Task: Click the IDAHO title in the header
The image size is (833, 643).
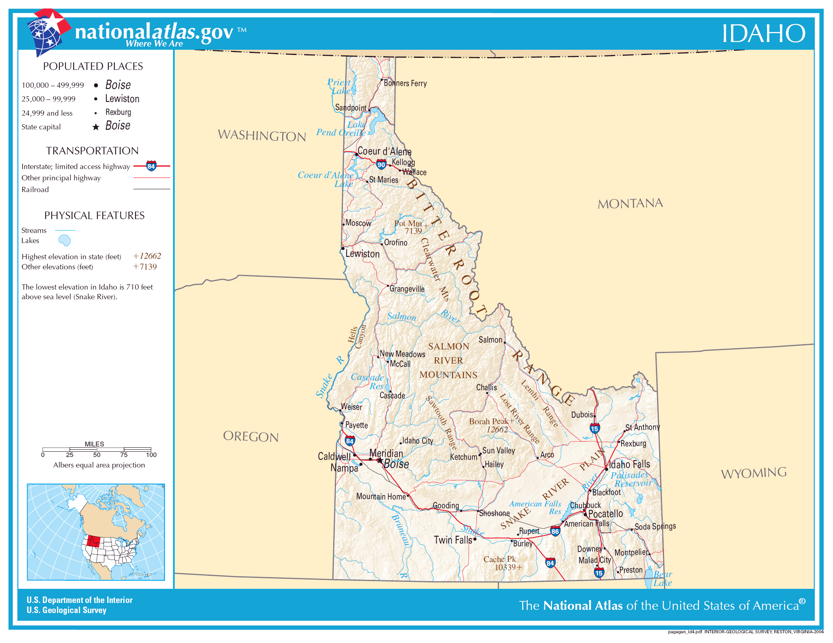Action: click(763, 33)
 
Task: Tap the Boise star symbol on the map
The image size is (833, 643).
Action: click(380, 461)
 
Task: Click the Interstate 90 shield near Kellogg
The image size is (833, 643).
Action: click(381, 164)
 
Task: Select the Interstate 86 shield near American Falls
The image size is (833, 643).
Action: click(555, 531)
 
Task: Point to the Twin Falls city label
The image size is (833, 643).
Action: click(453, 540)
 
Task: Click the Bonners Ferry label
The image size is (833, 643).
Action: click(405, 83)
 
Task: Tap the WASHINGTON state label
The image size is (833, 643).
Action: click(262, 135)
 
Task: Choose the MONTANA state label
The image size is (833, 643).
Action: click(630, 203)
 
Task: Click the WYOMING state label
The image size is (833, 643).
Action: click(754, 473)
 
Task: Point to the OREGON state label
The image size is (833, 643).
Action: click(251, 436)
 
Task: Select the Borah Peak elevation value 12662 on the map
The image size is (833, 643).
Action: click(497, 430)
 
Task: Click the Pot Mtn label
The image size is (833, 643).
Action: click(408, 224)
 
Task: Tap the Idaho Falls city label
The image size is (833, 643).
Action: click(630, 464)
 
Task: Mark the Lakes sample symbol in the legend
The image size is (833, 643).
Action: click(65, 241)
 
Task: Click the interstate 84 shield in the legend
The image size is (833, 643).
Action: click(151, 166)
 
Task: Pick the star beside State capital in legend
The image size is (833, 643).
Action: click(96, 127)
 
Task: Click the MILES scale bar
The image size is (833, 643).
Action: click(97, 449)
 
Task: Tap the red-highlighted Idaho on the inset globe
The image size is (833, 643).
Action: click(94, 541)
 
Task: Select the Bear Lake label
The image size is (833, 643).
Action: click(663, 579)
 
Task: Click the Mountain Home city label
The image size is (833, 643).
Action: click(381, 497)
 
